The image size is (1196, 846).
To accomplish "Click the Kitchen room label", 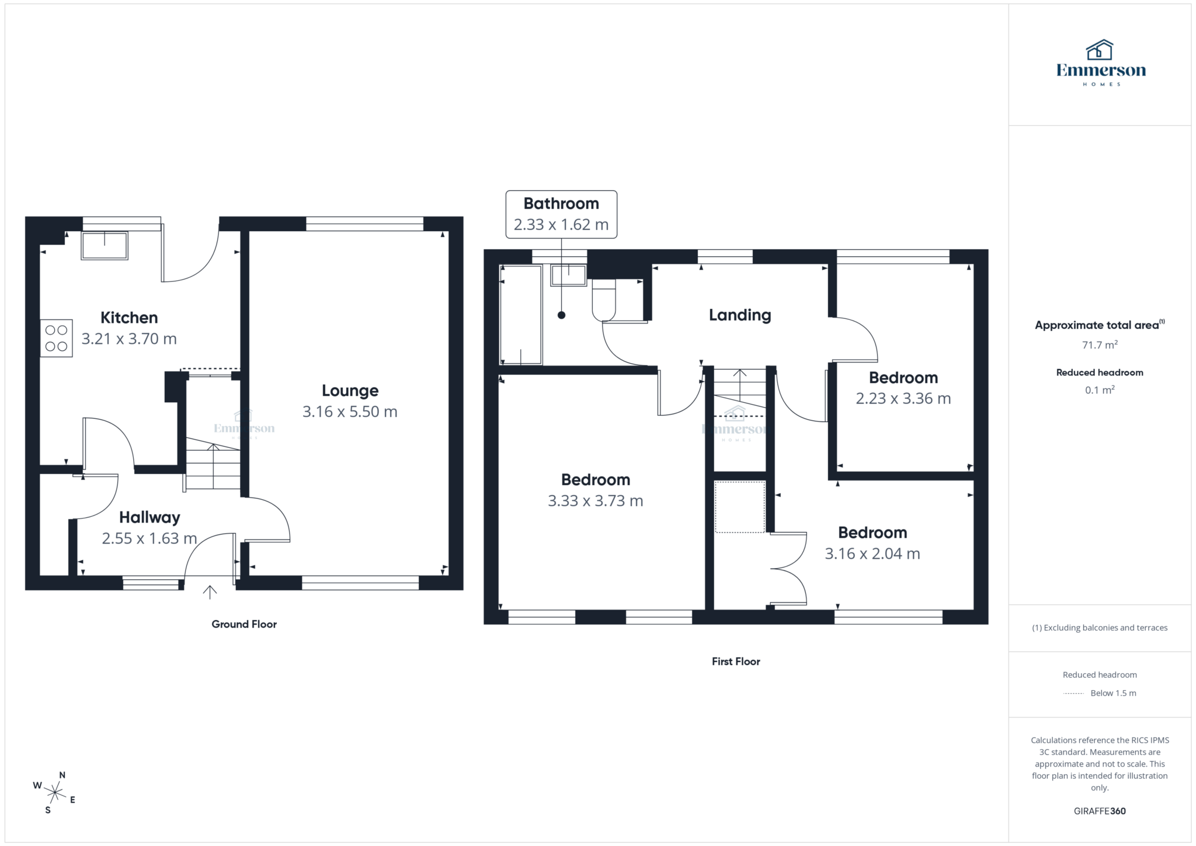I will click(129, 318).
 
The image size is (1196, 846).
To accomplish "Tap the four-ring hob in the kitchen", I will click(56, 338).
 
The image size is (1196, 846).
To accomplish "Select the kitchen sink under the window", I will click(105, 246).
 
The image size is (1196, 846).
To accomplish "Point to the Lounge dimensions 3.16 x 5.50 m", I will click(350, 412).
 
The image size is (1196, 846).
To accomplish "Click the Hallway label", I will click(149, 517).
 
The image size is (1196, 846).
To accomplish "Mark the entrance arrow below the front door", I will click(210, 592).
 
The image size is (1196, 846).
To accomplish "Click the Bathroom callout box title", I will click(561, 203).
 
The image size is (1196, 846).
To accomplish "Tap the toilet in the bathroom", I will click(603, 300).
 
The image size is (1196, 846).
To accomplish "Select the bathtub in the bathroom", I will click(521, 315).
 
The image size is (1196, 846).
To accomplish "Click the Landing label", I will click(739, 315).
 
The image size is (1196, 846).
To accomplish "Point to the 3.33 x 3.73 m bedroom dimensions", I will click(595, 501).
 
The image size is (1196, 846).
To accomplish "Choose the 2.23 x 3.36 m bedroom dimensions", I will click(903, 399).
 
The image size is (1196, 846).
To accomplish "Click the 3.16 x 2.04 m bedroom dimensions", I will click(872, 553).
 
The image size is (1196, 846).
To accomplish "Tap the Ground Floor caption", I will click(244, 624).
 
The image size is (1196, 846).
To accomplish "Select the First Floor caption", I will click(736, 662).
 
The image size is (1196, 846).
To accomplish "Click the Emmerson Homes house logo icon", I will click(1100, 50).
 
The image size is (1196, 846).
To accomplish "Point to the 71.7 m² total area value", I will click(1100, 345).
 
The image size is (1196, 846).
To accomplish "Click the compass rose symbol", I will click(55, 793).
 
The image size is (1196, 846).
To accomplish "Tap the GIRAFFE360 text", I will click(1100, 811).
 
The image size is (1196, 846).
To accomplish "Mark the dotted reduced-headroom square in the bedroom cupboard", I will click(739, 507).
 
